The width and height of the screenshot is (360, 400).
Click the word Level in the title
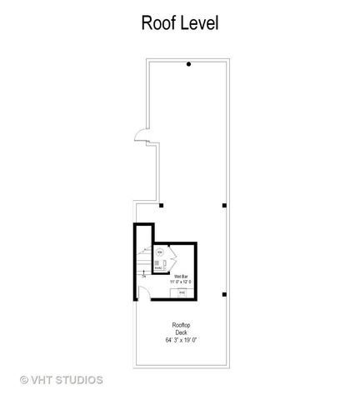200,23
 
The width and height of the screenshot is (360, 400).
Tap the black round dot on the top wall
189,64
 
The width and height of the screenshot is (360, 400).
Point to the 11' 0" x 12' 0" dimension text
182,281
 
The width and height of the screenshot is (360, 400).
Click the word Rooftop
181,326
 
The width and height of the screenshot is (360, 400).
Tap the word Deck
181,332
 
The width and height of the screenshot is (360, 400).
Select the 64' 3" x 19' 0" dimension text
181,340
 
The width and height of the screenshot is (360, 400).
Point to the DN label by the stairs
143,276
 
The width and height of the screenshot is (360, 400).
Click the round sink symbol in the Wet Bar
160,252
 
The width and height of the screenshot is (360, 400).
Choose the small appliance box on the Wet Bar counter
182,293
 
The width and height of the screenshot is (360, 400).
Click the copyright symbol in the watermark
25,379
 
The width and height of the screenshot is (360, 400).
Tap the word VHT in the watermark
44,379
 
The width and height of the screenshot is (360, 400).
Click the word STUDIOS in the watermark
81,379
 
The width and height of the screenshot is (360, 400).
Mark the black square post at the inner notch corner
162,204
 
